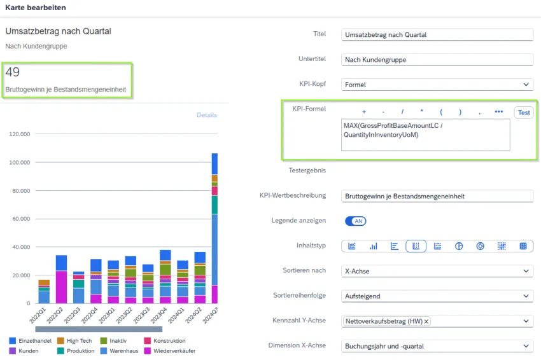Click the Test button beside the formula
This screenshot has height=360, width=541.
[x=524, y=113]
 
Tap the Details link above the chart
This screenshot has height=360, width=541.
[x=206, y=115]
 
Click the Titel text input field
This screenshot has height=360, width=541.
[x=437, y=35]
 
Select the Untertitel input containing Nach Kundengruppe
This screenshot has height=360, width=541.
[x=437, y=60]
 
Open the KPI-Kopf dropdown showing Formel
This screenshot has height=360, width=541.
[x=437, y=85]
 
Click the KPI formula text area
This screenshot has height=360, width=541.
[x=425, y=135]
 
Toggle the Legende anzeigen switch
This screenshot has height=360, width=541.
[x=355, y=221]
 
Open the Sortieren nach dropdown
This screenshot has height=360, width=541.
[x=437, y=271]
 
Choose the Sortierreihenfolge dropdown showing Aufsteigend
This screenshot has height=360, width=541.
[x=437, y=296]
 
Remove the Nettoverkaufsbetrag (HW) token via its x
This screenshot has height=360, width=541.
[x=426, y=322]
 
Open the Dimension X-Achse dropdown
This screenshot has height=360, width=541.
[x=437, y=346]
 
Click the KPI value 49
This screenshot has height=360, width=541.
[x=12, y=73]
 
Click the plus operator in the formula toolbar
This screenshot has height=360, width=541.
[x=364, y=113]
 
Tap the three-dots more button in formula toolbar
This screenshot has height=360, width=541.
[x=498, y=113]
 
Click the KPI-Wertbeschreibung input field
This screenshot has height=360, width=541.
[x=437, y=196]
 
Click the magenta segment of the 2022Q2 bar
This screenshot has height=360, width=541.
[x=61, y=287]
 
